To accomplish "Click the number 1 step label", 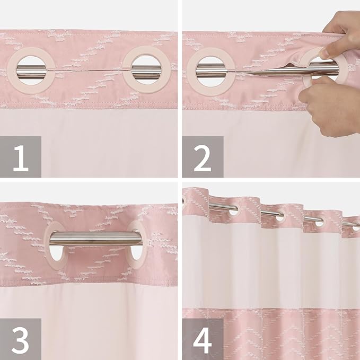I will (x=21, y=157).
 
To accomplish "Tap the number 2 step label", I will (x=203, y=157).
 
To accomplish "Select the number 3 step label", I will (x=21, y=339).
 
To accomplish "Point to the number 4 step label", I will (x=203, y=339).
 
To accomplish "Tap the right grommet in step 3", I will (x=135, y=241).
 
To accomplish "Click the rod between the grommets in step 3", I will (x=95, y=239).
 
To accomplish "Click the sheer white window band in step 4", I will (x=270, y=270).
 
